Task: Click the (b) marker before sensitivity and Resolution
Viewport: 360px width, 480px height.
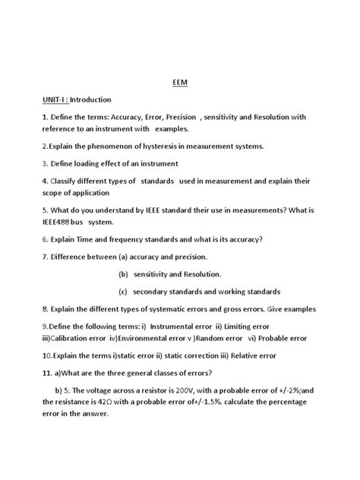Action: (123, 273)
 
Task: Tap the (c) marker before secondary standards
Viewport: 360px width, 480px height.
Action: (123, 291)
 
